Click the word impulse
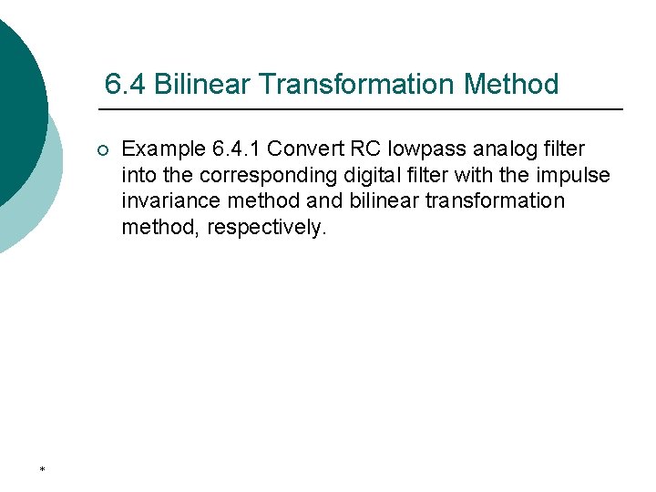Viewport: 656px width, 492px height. point(575,175)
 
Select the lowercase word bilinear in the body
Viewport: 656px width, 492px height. point(379,200)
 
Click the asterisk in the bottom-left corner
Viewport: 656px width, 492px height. point(42,469)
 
